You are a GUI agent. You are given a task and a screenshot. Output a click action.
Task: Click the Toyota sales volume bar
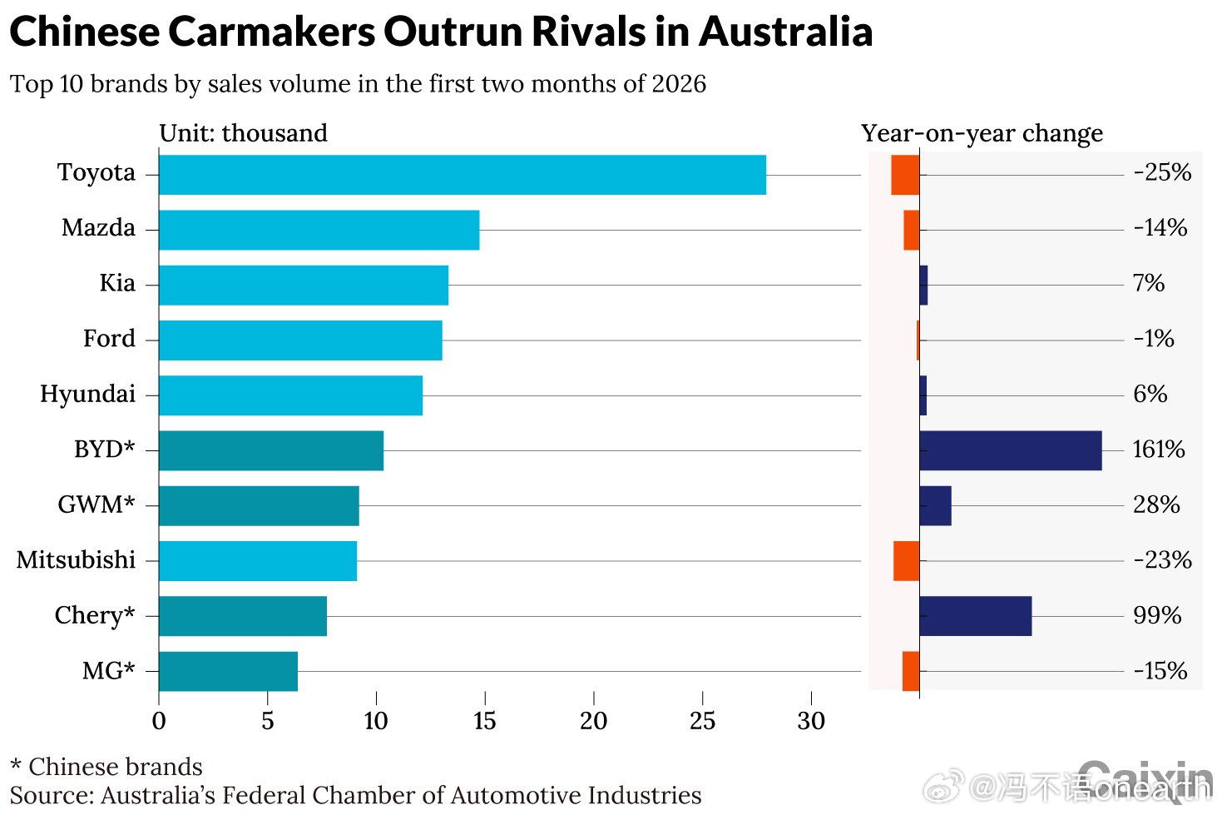(462, 175)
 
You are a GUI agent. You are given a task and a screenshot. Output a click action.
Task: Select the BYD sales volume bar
(271, 450)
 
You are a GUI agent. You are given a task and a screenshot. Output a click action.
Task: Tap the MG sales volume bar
(228, 671)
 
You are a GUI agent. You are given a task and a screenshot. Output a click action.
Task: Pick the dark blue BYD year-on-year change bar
(1010, 450)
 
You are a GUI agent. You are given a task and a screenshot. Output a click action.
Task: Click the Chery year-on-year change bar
(975, 616)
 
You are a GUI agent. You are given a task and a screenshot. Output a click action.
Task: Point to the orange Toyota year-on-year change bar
(905, 175)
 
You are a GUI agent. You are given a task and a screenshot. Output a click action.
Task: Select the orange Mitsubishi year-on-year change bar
(906, 561)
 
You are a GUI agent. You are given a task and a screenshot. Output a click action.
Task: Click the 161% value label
(1158, 450)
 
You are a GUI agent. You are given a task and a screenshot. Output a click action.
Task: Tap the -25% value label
(1162, 173)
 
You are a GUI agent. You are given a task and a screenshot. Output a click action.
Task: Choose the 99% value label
(1157, 616)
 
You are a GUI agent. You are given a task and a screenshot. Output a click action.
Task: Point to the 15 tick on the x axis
(485, 721)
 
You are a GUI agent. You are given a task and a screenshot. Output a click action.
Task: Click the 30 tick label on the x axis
(811, 721)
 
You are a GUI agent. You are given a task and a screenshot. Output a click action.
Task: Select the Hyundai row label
(87, 394)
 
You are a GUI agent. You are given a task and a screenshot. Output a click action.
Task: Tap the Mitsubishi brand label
(76, 560)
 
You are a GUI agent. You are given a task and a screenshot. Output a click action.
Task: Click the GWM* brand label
(96, 504)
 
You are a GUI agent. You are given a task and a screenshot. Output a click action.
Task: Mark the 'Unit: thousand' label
(243, 133)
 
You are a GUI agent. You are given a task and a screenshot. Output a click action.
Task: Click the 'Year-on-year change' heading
(982, 133)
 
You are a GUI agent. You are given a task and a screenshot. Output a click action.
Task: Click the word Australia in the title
(785, 32)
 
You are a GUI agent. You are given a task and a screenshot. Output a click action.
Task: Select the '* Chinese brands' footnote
(106, 767)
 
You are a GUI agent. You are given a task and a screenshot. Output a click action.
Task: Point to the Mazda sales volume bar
(319, 230)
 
